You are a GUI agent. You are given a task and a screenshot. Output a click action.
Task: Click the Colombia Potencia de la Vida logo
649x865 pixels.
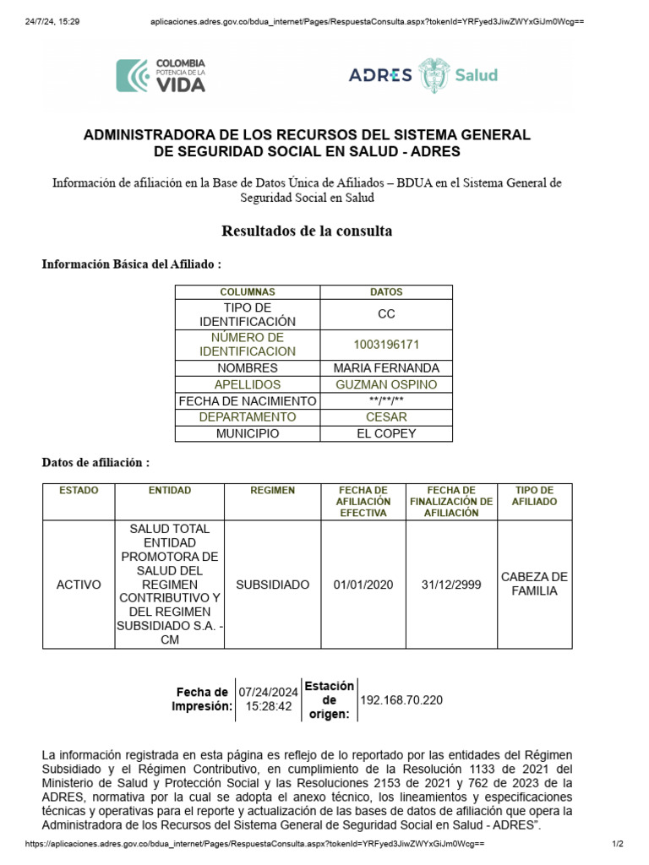pos(161,74)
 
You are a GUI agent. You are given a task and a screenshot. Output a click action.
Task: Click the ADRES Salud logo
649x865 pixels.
pos(423,74)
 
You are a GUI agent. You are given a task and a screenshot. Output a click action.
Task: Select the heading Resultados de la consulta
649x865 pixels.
pos(307,231)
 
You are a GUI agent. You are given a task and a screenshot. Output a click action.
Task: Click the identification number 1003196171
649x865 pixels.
pos(386,345)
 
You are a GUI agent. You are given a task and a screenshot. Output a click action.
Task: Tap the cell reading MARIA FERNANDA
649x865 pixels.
pos(386,368)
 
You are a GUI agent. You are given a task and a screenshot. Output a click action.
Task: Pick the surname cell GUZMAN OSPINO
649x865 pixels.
pos(386,384)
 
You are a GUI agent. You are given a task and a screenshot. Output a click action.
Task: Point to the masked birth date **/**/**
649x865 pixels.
pos(386,401)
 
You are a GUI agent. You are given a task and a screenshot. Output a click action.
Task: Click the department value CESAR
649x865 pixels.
pos(386,417)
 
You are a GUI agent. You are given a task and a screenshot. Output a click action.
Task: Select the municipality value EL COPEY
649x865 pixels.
pos(386,433)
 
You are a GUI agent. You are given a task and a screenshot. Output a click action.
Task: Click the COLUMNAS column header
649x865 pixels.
pos(248,292)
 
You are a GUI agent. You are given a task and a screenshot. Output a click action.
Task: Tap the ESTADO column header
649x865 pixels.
pos(79,490)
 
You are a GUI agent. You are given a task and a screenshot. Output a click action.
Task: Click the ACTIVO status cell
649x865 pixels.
pos(79,585)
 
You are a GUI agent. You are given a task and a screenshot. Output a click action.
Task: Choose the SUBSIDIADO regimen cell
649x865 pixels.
pos(272,585)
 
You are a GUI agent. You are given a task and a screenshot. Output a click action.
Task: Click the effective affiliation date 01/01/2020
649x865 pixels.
pos(363,585)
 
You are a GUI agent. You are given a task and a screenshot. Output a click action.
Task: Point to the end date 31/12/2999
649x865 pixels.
pos(451,585)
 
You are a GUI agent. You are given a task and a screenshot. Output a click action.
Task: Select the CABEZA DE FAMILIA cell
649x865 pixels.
pos(534,584)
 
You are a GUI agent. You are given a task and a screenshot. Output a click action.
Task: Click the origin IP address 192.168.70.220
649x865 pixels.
pos(401,700)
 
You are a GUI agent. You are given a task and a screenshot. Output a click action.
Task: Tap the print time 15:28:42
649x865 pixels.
pos(268,706)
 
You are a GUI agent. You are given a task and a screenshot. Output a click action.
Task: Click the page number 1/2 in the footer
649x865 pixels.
pos(617,844)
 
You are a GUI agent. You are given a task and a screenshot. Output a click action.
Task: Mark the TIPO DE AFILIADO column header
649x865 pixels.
pos(534,496)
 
